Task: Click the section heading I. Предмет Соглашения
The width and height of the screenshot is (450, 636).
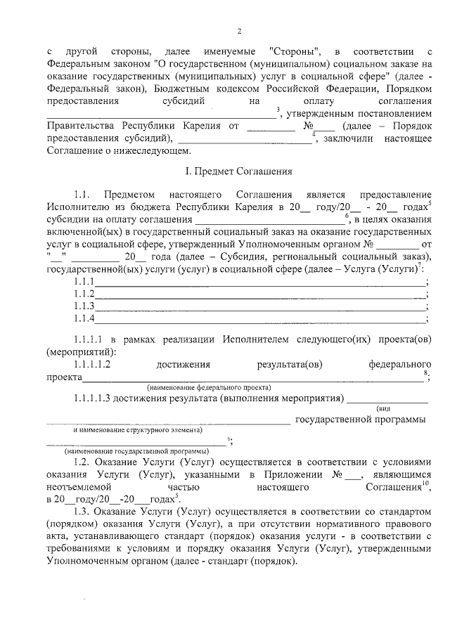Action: (x=238, y=171)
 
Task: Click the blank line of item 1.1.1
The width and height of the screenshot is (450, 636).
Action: (x=261, y=282)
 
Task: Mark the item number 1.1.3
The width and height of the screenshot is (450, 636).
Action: (x=84, y=306)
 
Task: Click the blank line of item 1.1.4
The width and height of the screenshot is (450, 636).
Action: (x=261, y=320)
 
